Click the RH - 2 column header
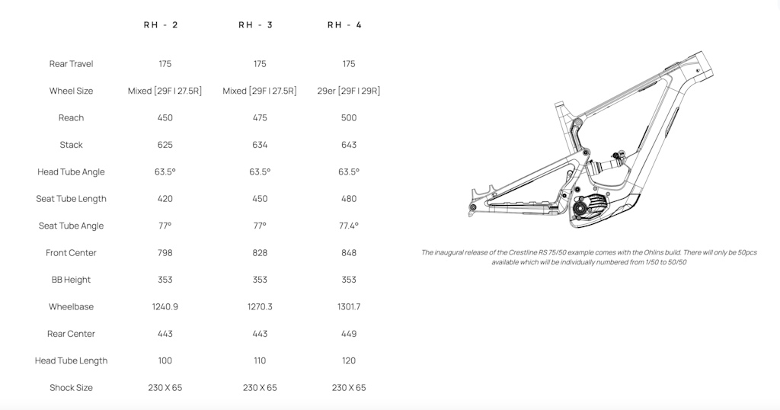click(161, 25)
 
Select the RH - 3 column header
click(256, 25)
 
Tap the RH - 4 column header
click(345, 25)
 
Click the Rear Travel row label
click(71, 64)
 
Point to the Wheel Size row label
click(71, 91)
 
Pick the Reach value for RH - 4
click(349, 118)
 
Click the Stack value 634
click(260, 145)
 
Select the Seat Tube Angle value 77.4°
click(349, 226)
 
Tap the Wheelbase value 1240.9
click(165, 306)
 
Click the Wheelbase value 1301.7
click(349, 306)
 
